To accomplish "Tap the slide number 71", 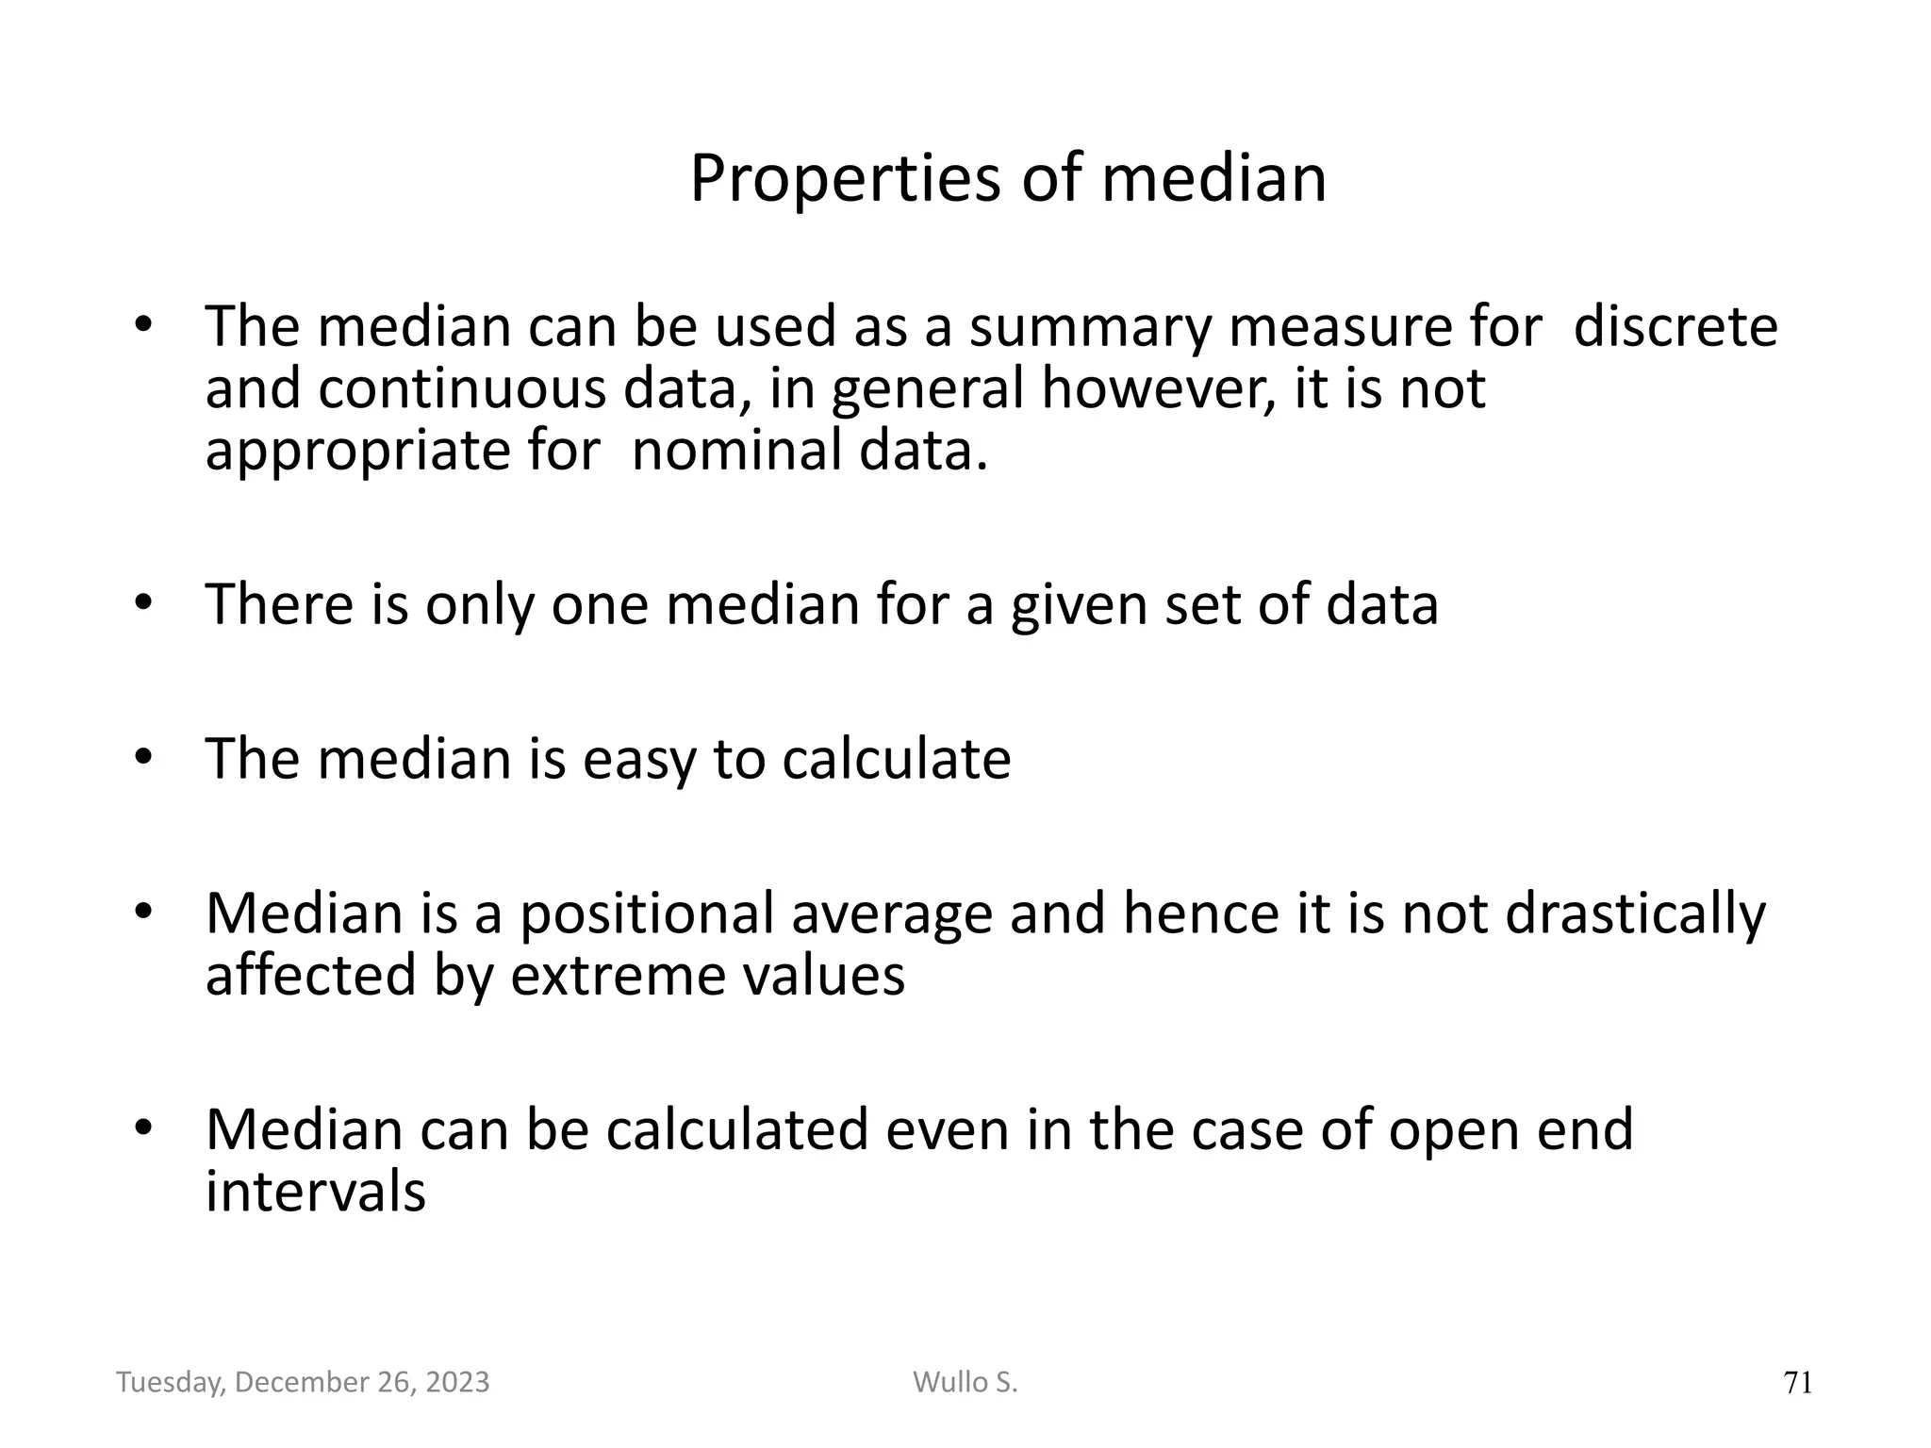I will click(x=1798, y=1383).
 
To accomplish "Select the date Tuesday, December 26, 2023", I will click(x=303, y=1382).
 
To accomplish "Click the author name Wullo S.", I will click(x=965, y=1382).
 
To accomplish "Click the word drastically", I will click(x=1635, y=914).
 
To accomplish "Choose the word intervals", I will click(x=316, y=1191).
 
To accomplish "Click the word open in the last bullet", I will click(x=1452, y=1130).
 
